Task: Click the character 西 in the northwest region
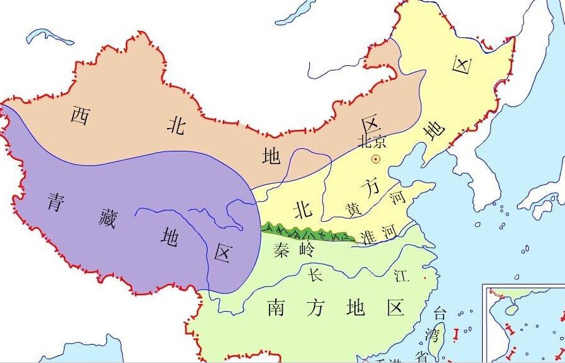pos(80,115)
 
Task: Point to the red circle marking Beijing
pos(375,159)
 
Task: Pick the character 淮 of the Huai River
pos(366,236)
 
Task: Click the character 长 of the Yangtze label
pos(315,274)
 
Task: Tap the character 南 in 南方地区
pos(276,308)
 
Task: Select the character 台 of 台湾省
pos(438,312)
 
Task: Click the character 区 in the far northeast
pos(463,65)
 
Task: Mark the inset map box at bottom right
pos(524,324)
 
